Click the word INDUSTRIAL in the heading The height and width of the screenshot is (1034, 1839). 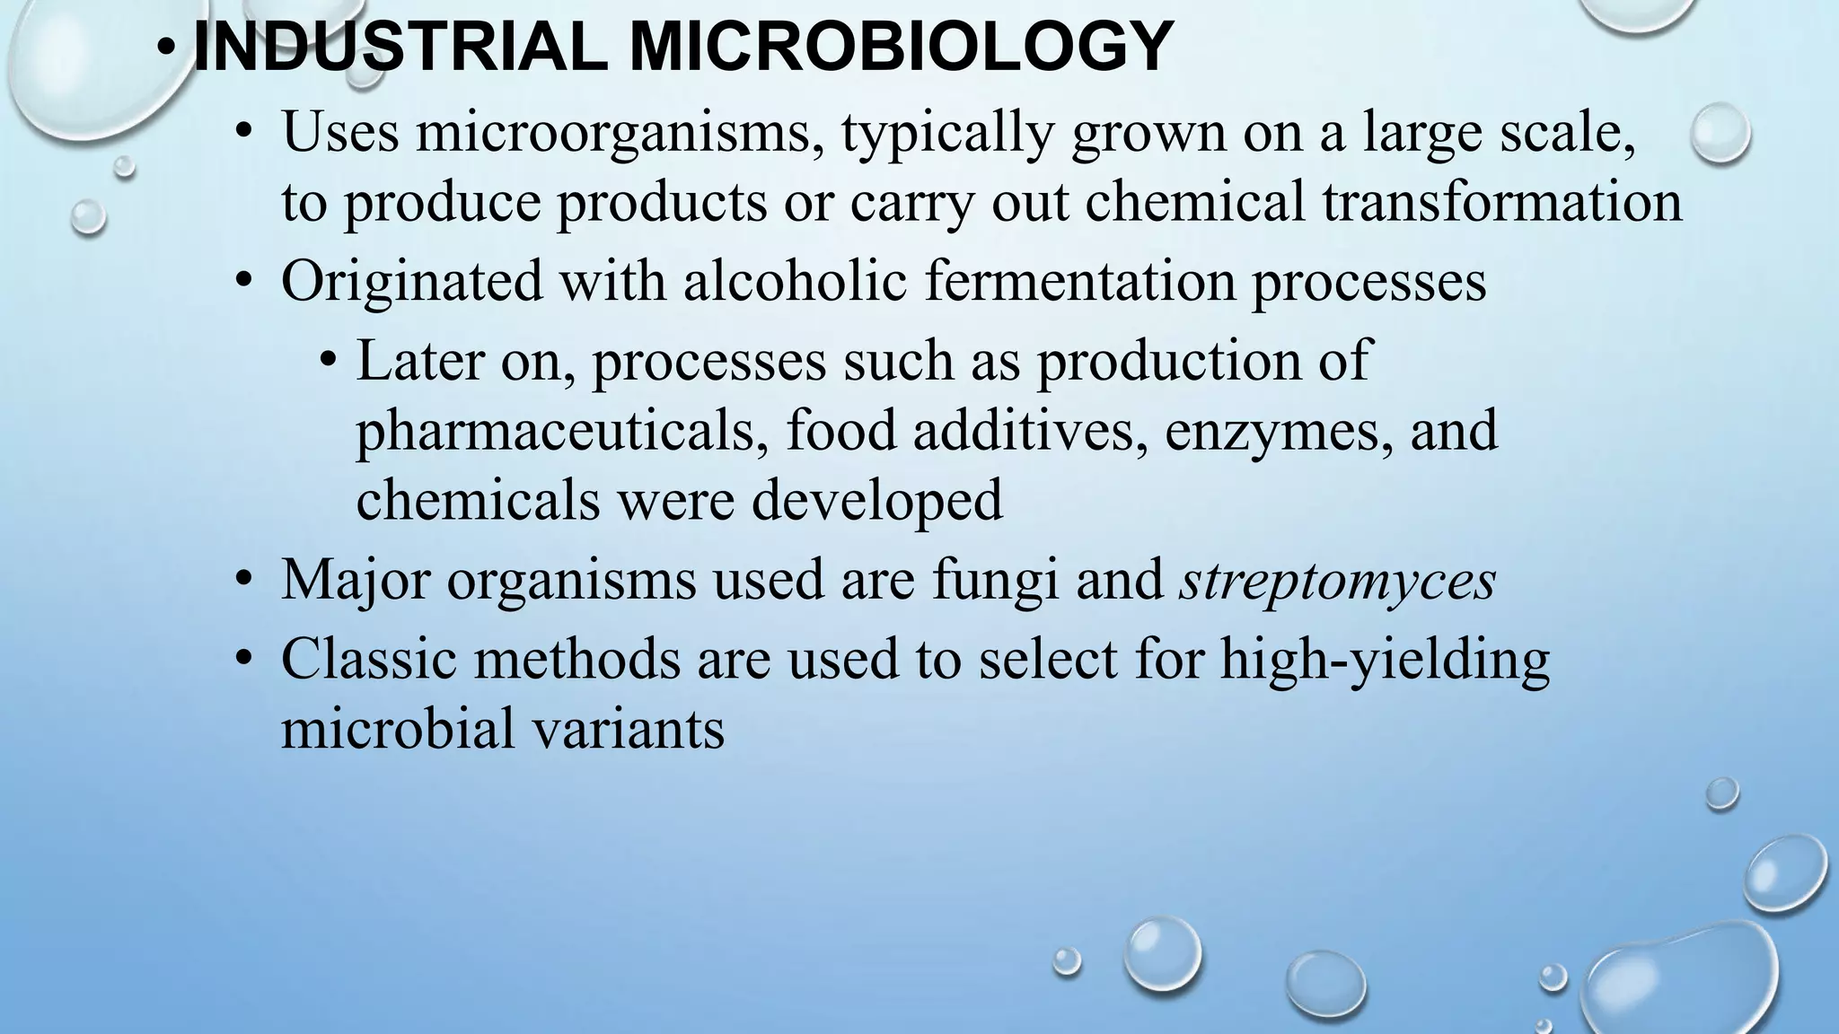pyautogui.click(x=399, y=47)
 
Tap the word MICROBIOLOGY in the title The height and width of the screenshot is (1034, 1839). pyautogui.click(x=901, y=47)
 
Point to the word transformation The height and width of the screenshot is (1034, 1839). pyautogui.click(x=1501, y=202)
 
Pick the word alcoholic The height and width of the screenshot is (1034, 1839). pyautogui.click(x=795, y=281)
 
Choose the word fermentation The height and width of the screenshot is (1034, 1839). pyautogui.click(x=1079, y=281)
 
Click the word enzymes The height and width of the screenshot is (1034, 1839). pyautogui.click(x=1279, y=431)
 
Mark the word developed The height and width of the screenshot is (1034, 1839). pyautogui.click(x=876, y=500)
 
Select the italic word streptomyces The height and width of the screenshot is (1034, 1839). pyautogui.click(x=1337, y=580)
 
